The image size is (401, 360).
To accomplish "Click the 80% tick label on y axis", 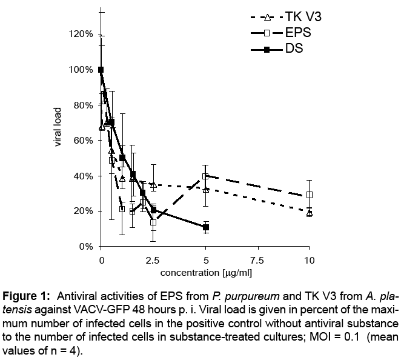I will pyautogui.click(x=81, y=105).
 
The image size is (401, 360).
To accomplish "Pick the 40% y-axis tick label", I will pyautogui.click(x=81, y=176).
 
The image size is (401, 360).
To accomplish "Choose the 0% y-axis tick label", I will pyautogui.click(x=84, y=247).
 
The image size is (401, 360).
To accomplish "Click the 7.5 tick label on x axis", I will pyautogui.click(x=257, y=260).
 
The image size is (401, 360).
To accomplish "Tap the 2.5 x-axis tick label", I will pyautogui.click(x=153, y=260).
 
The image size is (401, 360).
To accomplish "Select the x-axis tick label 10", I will pyautogui.click(x=309, y=260).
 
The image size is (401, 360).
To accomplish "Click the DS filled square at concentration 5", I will pyautogui.click(x=206, y=227).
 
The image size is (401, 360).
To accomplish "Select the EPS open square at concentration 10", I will pyautogui.click(x=310, y=195).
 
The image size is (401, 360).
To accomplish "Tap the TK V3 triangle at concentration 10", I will pyautogui.click(x=310, y=213).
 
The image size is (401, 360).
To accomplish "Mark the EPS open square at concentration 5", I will pyautogui.click(x=206, y=176).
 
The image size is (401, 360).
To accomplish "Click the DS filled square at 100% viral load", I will pyautogui.click(x=101, y=70).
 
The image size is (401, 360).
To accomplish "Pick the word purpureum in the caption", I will pyautogui.click(x=237, y=296).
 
